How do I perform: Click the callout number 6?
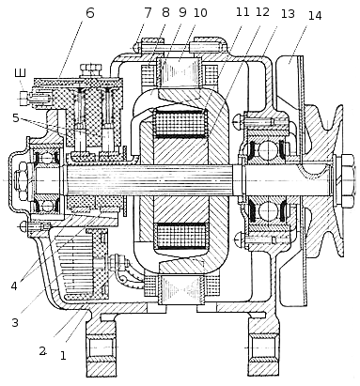[89, 13]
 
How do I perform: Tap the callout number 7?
[148, 13]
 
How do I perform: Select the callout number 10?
[200, 13]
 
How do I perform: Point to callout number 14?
[315, 15]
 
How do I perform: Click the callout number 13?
[288, 14]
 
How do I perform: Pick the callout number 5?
[16, 118]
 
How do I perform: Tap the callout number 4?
[14, 286]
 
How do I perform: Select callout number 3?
[15, 322]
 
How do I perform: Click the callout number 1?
[63, 356]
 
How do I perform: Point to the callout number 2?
[42, 351]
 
